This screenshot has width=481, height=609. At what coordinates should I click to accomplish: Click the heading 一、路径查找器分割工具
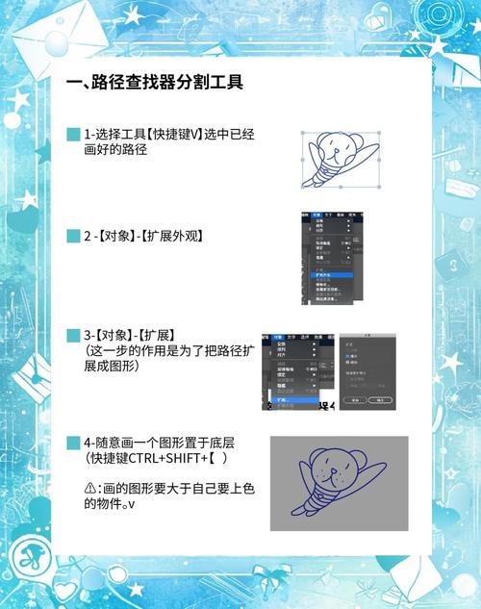click(x=154, y=83)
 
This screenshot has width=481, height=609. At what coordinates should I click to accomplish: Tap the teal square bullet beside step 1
click(x=73, y=135)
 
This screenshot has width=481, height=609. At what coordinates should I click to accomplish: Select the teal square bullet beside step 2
click(x=73, y=236)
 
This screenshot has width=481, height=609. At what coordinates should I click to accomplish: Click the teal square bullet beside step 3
click(x=73, y=336)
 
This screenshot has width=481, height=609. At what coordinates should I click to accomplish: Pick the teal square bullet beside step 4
click(x=73, y=444)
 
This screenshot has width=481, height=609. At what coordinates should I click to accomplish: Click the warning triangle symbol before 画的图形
click(x=89, y=489)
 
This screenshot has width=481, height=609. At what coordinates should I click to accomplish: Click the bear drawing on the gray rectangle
click(x=338, y=482)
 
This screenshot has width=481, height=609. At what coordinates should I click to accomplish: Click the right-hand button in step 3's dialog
click(x=381, y=398)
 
